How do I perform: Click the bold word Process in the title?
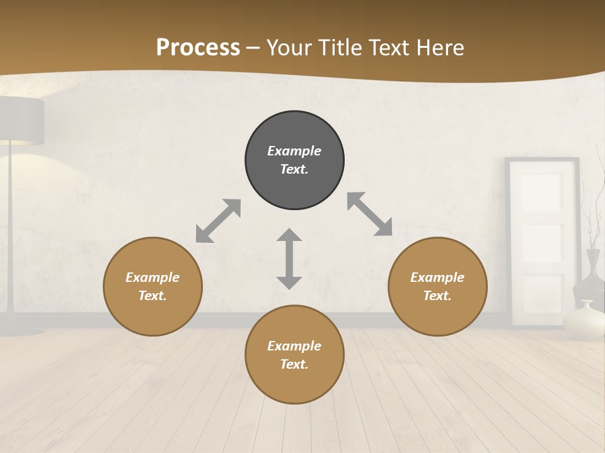(198, 48)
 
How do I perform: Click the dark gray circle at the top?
(294, 160)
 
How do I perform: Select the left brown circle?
(153, 286)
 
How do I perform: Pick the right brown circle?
(437, 286)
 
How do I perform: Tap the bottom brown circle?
(294, 355)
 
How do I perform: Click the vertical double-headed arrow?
(289, 259)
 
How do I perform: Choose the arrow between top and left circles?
(218, 221)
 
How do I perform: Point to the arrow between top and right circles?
(369, 214)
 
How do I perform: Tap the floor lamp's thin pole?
(11, 239)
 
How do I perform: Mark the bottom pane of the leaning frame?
(542, 296)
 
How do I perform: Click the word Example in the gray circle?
(294, 151)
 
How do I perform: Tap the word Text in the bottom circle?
(293, 364)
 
